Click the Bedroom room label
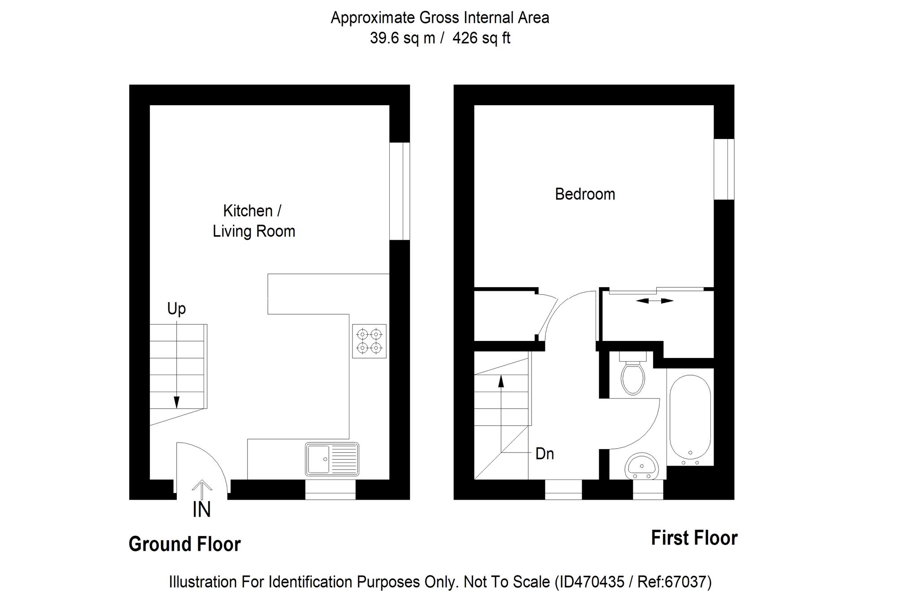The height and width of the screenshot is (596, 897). pos(585,194)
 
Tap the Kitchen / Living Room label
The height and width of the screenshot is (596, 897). pos(253,221)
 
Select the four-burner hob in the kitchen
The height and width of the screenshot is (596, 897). pos(369,341)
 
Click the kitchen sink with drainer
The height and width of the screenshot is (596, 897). pos(332,459)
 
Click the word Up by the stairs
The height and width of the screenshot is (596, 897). pos(176,309)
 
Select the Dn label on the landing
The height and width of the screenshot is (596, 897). pos(545,454)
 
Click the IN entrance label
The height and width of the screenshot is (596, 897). pos(201,510)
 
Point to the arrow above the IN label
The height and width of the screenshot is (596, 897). pos(202,489)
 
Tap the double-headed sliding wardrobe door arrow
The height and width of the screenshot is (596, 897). pos(654,301)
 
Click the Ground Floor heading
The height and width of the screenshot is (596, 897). pos(185,544)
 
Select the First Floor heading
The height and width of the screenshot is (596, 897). pos(694,538)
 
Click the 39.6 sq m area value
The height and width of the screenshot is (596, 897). pos(402,38)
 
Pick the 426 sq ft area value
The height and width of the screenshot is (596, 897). pos(481,38)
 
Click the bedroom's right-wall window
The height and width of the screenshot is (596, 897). pos(724,169)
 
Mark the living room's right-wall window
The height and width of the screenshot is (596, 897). pos(399,191)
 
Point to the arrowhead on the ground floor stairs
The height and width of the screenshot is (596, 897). pos(177,402)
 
